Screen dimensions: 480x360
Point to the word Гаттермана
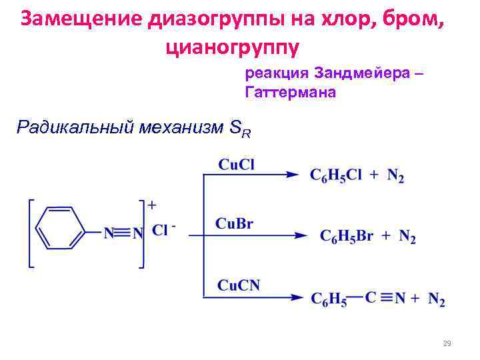tap(291, 93)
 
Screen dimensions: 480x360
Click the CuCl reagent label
tap(236, 164)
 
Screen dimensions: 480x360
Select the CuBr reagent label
tap(234, 224)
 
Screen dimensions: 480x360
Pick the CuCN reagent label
tap(238, 285)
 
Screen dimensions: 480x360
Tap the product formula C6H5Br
tap(346, 236)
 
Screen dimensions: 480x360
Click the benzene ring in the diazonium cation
tap(59, 227)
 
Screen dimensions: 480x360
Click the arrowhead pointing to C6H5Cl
tap(291, 175)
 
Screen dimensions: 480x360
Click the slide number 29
tap(447, 344)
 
